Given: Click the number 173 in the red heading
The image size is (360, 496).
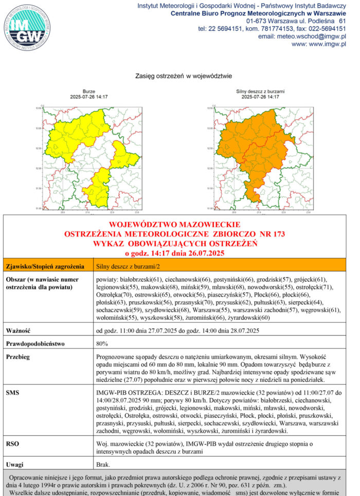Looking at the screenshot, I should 279,234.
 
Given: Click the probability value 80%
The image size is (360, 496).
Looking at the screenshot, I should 102,343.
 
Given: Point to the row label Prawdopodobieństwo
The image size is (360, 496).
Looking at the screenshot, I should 35,343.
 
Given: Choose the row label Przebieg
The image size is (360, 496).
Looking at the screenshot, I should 19,356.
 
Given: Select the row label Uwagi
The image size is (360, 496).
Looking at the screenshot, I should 15,464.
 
